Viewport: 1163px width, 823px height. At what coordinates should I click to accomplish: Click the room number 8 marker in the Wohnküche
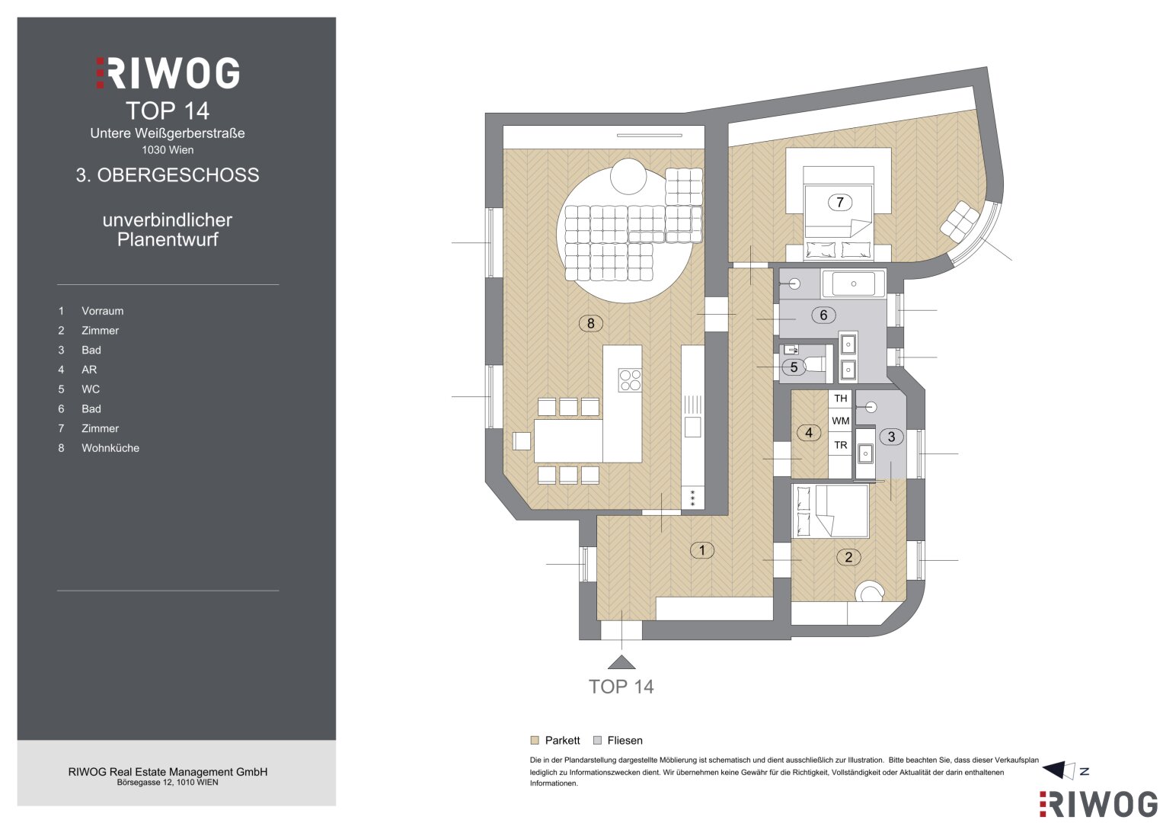(x=591, y=323)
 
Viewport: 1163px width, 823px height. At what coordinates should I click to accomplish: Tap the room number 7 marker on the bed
(x=840, y=202)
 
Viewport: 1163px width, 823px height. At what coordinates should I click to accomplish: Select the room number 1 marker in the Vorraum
(x=702, y=549)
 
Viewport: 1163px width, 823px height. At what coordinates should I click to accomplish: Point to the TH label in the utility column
(x=841, y=399)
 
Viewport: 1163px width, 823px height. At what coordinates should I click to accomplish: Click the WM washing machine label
(x=841, y=421)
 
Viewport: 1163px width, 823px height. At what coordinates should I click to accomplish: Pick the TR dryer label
(x=841, y=445)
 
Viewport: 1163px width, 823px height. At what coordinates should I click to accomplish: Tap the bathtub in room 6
(x=854, y=283)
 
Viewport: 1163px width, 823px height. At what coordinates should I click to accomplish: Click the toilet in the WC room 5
(x=811, y=365)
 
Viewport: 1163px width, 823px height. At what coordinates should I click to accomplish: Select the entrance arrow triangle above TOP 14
(x=621, y=662)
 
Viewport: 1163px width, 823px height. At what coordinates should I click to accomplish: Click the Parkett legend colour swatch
(x=535, y=741)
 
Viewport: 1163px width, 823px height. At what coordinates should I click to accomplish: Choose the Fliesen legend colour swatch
(x=598, y=741)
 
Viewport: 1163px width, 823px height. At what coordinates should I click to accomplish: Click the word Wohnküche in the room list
(x=110, y=448)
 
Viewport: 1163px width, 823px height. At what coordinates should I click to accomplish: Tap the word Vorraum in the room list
(x=102, y=311)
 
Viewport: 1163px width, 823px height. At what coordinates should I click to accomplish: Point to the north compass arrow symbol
(x=1060, y=770)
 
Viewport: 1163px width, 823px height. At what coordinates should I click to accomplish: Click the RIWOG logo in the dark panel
(x=168, y=72)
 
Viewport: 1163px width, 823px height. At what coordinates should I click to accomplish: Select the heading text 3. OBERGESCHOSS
(x=168, y=175)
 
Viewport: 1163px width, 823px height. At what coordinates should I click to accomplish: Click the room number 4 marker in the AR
(x=809, y=432)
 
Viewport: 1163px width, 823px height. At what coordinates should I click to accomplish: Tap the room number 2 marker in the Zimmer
(x=849, y=557)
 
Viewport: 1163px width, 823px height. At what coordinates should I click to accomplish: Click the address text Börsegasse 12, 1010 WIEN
(x=168, y=783)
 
